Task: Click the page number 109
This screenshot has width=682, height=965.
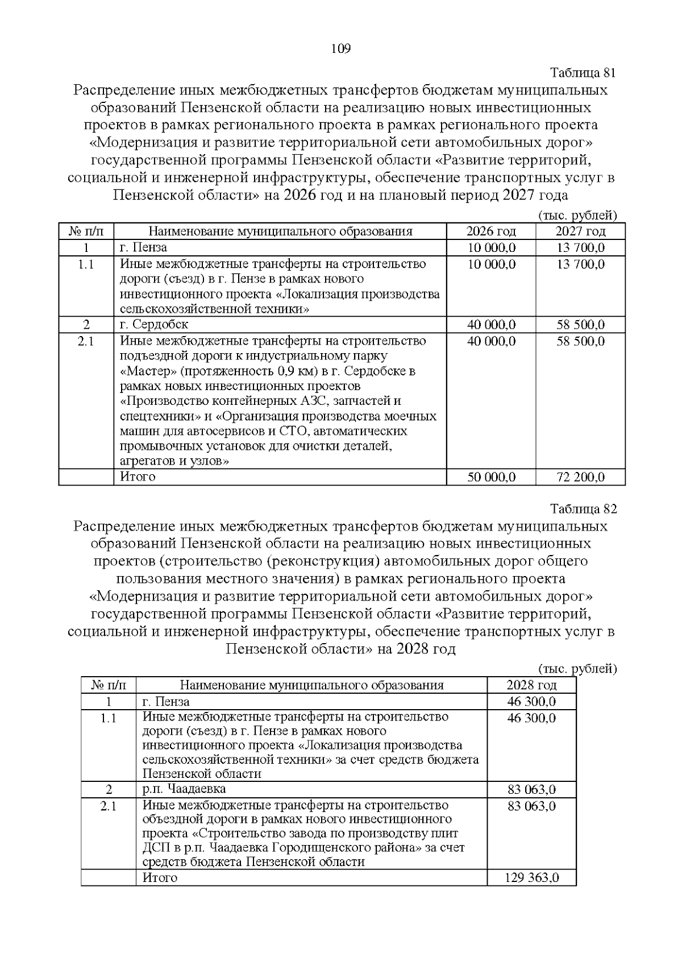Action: tap(340, 48)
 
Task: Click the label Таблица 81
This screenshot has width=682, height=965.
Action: tap(583, 73)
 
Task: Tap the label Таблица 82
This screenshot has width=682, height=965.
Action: tap(583, 508)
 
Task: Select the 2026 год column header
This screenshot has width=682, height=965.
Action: tap(491, 231)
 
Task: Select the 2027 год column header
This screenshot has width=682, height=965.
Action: tap(580, 231)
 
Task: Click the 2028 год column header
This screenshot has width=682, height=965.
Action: tap(531, 685)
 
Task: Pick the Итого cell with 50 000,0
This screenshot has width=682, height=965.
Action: tap(491, 477)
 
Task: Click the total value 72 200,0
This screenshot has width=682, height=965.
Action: tap(580, 477)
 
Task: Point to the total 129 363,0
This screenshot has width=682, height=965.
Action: tap(531, 877)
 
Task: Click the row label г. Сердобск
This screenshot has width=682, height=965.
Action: tap(154, 325)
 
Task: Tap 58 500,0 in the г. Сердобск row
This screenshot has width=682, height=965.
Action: tap(580, 325)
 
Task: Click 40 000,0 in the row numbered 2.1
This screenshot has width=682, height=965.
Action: tap(491, 341)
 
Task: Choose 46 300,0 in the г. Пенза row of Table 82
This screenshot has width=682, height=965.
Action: tap(531, 702)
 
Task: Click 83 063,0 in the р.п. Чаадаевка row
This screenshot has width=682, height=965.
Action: tap(531, 790)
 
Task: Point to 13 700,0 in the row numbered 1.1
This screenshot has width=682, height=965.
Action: tap(580, 264)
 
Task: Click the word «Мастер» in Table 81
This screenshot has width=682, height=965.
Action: tap(142, 371)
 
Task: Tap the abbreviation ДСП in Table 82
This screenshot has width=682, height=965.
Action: tap(153, 848)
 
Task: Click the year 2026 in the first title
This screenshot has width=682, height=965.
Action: tap(302, 196)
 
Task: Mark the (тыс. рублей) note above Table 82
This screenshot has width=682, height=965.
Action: tap(577, 669)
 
